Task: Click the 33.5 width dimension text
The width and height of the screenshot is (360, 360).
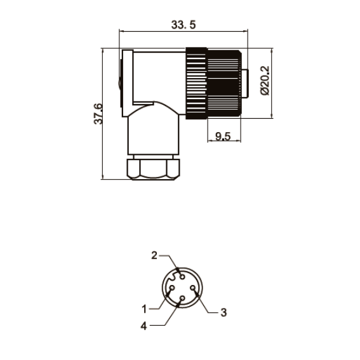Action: point(183,25)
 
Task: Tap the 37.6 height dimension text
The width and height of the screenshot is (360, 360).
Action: point(98,114)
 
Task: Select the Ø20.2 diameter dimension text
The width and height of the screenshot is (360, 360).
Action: point(265,81)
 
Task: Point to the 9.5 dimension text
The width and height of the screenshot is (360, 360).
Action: point(223,137)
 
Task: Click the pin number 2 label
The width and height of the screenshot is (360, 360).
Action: point(154,255)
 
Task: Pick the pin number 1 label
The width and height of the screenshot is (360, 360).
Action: point(144,309)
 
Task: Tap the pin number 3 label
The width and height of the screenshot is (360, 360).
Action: point(223,312)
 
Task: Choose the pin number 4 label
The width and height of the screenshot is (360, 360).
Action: point(143,326)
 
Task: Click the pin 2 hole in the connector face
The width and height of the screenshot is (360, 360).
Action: point(182,277)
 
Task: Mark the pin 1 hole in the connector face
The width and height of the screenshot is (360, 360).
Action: point(171,288)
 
